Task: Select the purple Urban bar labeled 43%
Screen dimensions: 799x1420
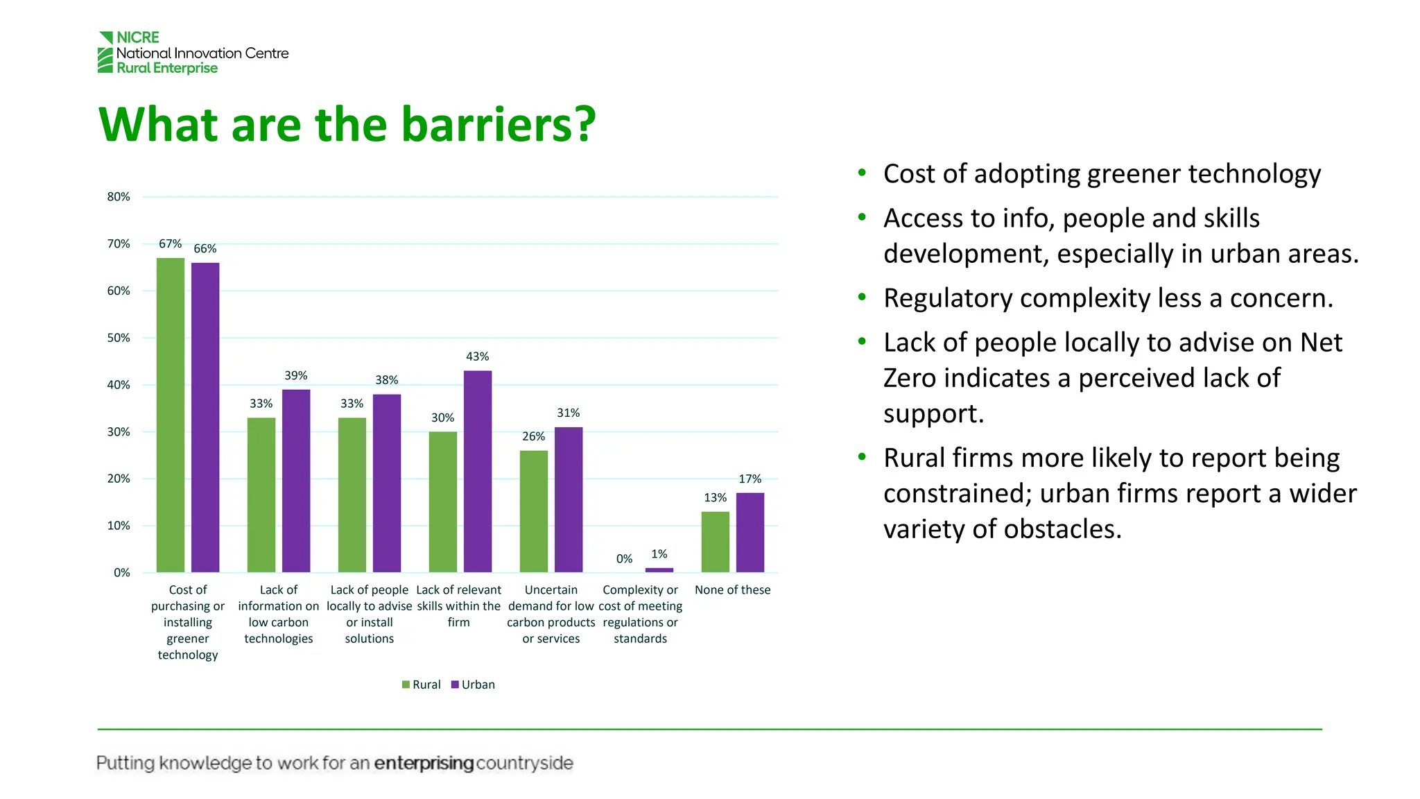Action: (x=478, y=472)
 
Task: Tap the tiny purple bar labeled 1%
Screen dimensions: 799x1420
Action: (x=659, y=570)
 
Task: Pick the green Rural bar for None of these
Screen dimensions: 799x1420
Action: (x=715, y=542)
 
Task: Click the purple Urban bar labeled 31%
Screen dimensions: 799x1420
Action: (x=569, y=499)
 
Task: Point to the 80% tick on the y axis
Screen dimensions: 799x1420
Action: (x=119, y=197)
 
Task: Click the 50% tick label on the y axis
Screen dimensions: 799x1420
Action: (x=119, y=338)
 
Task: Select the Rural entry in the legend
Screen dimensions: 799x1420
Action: (x=421, y=685)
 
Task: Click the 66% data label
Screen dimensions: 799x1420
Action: (x=205, y=248)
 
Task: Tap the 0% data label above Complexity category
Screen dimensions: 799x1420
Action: (x=624, y=559)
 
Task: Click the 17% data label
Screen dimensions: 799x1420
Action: (x=750, y=479)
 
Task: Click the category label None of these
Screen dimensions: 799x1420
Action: (x=732, y=590)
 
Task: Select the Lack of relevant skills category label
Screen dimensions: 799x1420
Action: (x=458, y=605)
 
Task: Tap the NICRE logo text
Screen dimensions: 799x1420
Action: (x=137, y=37)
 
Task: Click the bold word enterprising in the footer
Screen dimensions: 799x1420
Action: (x=424, y=763)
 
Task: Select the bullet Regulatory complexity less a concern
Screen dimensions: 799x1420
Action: (x=1107, y=298)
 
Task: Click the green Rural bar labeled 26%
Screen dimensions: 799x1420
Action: (x=534, y=511)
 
